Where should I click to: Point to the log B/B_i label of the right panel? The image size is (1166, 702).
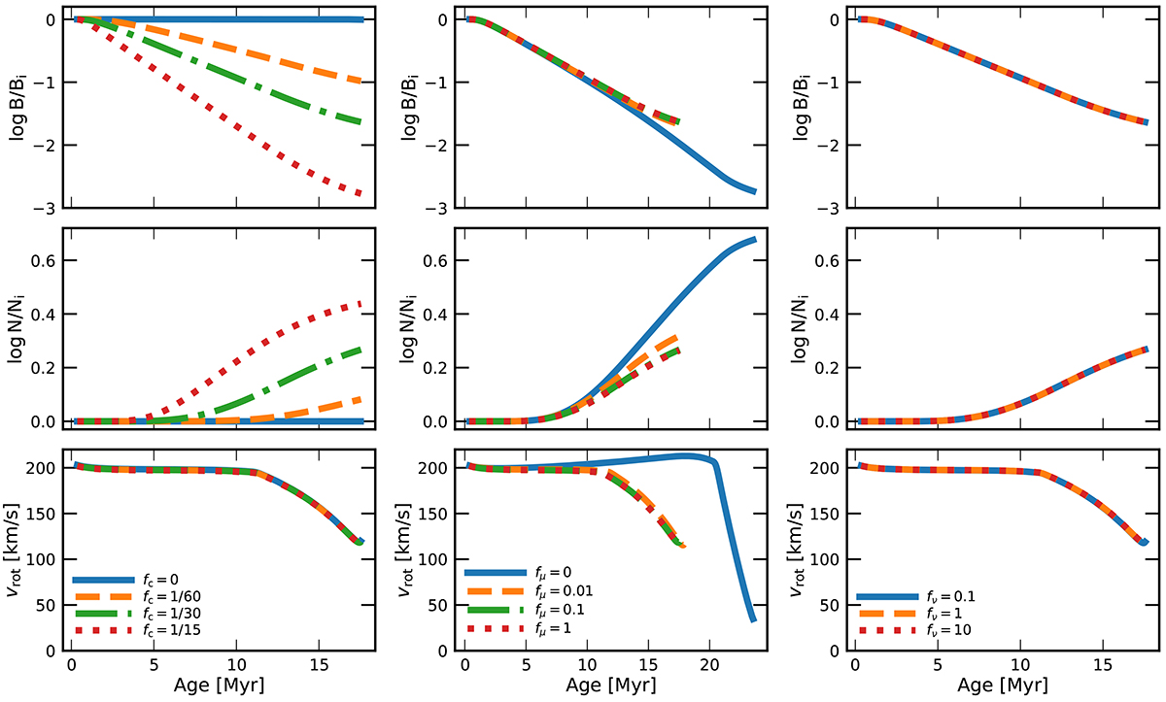799,115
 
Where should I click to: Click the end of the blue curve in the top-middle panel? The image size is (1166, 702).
754,191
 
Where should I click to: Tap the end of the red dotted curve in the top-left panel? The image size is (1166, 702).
360,194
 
